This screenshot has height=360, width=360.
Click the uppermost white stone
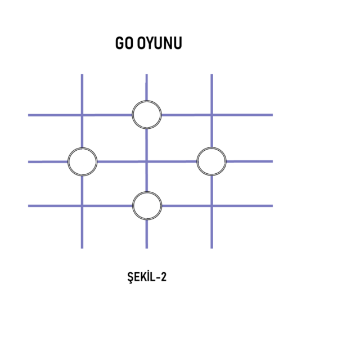tap(147, 115)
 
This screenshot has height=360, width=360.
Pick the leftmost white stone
tap(82, 161)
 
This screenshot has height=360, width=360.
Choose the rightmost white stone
tap(211, 161)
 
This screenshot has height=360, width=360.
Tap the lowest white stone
tap(147, 206)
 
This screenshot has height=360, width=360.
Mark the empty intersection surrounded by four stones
tap(147, 161)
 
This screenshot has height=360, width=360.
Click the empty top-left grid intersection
tap(82, 115)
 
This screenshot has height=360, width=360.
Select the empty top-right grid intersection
tap(211, 115)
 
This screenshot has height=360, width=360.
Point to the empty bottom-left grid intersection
tap(82, 206)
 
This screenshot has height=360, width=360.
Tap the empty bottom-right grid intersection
tap(211, 206)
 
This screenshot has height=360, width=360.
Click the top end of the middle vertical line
tap(147, 75)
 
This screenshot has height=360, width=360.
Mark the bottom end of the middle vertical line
tap(147, 247)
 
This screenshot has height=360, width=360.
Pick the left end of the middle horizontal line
tap(29, 162)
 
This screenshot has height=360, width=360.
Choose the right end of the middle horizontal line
tap(272, 161)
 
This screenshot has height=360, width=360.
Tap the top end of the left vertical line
tap(82, 75)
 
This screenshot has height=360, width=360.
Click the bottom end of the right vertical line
tap(211, 247)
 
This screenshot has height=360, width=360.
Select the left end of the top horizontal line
tap(29, 115)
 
